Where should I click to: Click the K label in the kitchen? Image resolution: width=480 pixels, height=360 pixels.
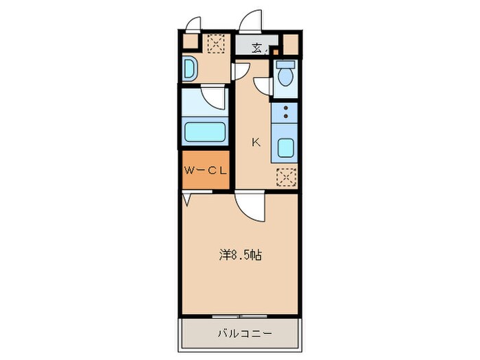(x=256, y=143)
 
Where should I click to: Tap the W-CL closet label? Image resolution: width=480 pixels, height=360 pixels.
(x=204, y=171)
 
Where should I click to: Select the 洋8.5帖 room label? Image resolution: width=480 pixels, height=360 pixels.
(x=239, y=255)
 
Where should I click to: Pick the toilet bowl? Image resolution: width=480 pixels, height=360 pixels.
(x=285, y=75)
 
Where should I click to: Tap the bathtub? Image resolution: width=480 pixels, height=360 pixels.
(x=204, y=132)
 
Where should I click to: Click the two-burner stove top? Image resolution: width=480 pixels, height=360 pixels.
(x=285, y=112)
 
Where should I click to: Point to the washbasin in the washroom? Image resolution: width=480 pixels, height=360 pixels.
(x=189, y=70)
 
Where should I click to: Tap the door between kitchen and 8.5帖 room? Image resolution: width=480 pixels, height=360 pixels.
(x=249, y=206)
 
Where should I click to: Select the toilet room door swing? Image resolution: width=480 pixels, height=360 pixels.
(x=263, y=86)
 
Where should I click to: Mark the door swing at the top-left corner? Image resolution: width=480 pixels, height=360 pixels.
(x=195, y=24)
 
